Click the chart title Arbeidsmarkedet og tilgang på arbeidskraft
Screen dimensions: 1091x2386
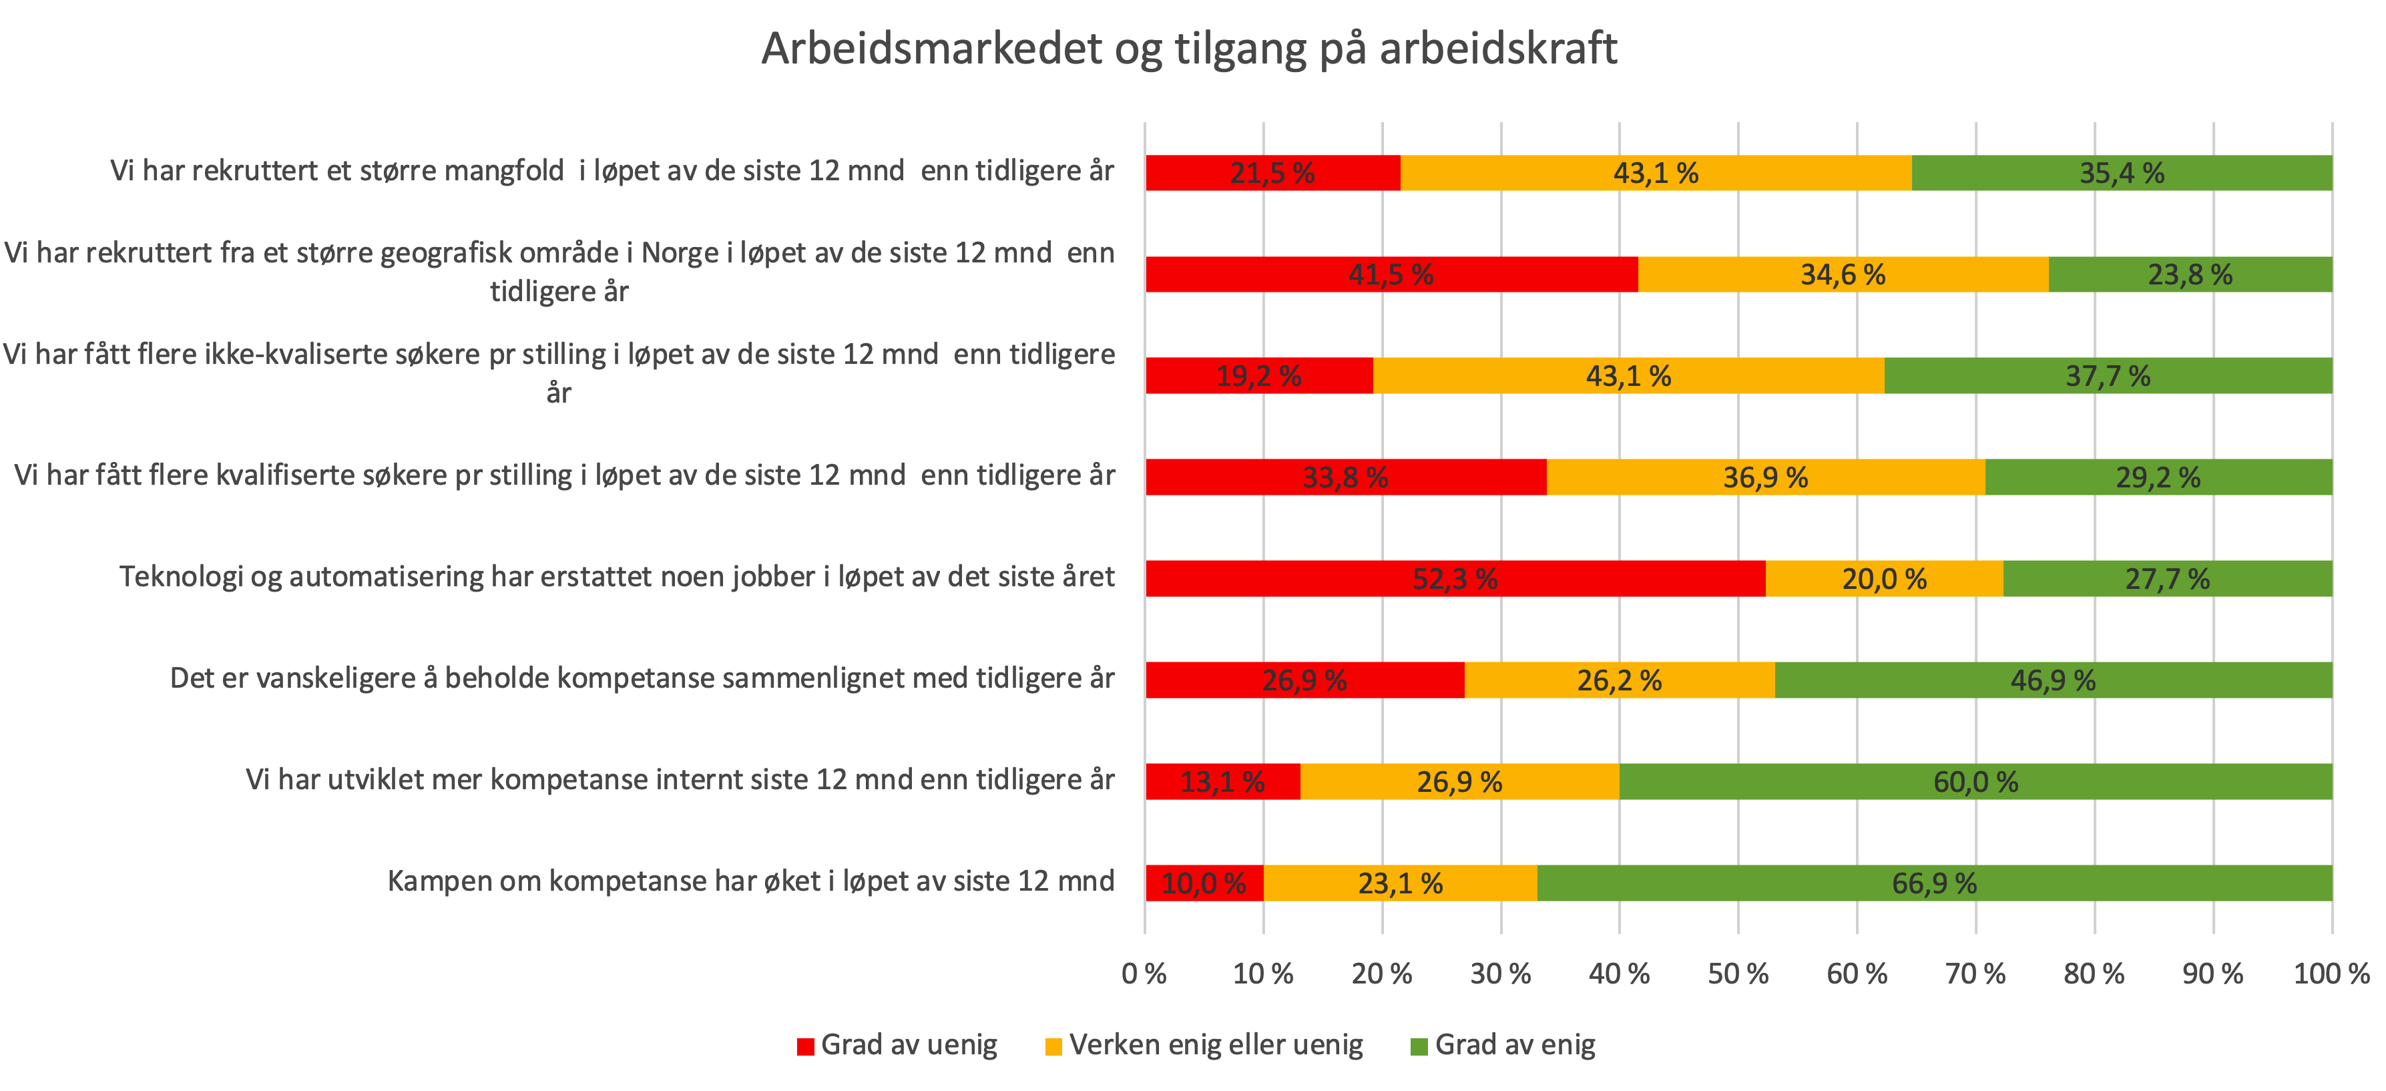pos(1189,48)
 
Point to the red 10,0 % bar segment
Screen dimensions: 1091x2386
pos(1204,883)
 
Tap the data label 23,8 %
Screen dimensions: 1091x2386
pos(2190,275)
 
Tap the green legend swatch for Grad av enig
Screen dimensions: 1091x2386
pos(1418,1046)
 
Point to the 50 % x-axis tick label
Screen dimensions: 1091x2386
pos(1738,973)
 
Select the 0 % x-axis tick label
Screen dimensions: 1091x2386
pos(1144,973)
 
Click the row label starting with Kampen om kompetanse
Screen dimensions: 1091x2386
pos(750,881)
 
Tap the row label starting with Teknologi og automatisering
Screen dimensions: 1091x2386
pos(617,577)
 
